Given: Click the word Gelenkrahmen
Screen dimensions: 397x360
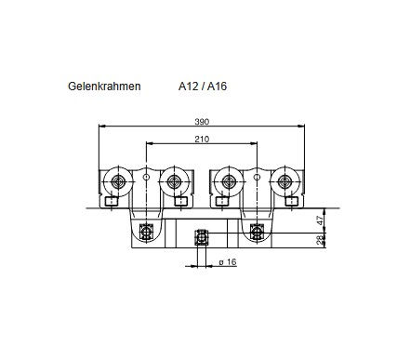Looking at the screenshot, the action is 104,87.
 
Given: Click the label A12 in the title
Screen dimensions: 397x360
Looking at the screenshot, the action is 188,87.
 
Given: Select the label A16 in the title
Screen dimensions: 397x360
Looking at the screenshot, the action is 217,87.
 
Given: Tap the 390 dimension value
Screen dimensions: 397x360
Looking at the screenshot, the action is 202,122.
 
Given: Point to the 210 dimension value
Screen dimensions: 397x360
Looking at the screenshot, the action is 202,140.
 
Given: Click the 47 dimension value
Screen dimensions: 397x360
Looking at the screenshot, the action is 321,220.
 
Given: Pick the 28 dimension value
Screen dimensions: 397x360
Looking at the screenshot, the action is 321,240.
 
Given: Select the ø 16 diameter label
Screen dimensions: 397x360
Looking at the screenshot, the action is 228,262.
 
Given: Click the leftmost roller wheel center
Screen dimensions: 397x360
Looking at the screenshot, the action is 118,181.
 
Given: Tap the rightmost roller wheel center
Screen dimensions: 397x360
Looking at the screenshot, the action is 285,181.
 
